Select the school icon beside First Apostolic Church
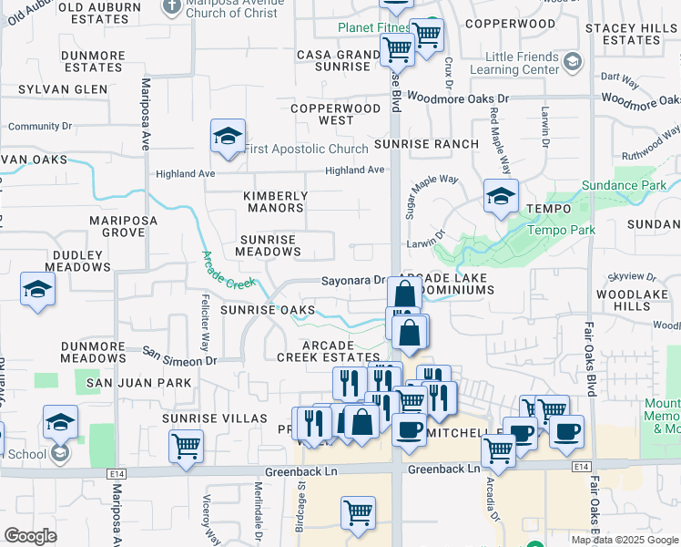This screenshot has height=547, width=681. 228,137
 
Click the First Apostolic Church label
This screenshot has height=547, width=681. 306,149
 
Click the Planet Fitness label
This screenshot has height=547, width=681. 374,27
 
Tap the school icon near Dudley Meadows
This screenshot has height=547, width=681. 37,289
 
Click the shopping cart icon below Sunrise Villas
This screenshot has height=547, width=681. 187,447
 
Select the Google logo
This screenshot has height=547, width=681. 30,536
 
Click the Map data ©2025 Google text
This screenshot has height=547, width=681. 625,540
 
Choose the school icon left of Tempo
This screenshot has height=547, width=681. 501,196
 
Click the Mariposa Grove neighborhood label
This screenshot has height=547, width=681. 123,226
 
